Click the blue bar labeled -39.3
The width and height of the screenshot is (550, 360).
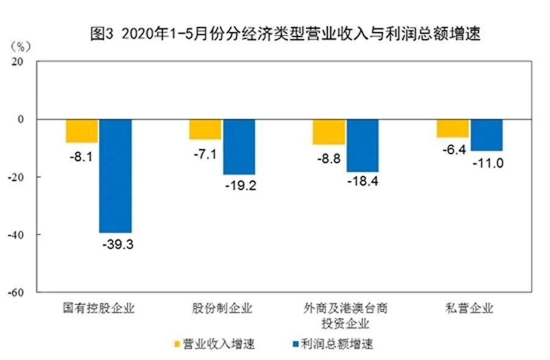tap(116, 176)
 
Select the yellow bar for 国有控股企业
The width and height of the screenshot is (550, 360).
tap(82, 131)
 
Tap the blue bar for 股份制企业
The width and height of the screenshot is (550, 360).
tap(239, 147)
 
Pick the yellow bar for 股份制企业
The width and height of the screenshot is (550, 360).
tap(205, 130)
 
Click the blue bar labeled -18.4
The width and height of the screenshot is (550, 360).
tap(362, 145)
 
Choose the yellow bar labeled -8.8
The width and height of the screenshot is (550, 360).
tap(329, 132)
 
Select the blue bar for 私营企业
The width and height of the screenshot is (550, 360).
tap(486, 135)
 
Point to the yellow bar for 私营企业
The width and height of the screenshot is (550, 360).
tap(453, 128)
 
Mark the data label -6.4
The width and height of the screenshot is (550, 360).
tap(453, 150)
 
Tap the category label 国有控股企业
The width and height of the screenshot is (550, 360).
tap(99, 308)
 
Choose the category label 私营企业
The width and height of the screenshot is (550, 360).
tap(469, 308)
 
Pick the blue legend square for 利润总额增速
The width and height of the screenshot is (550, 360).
tap(299, 343)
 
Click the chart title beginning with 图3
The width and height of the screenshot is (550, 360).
tap(285, 34)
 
